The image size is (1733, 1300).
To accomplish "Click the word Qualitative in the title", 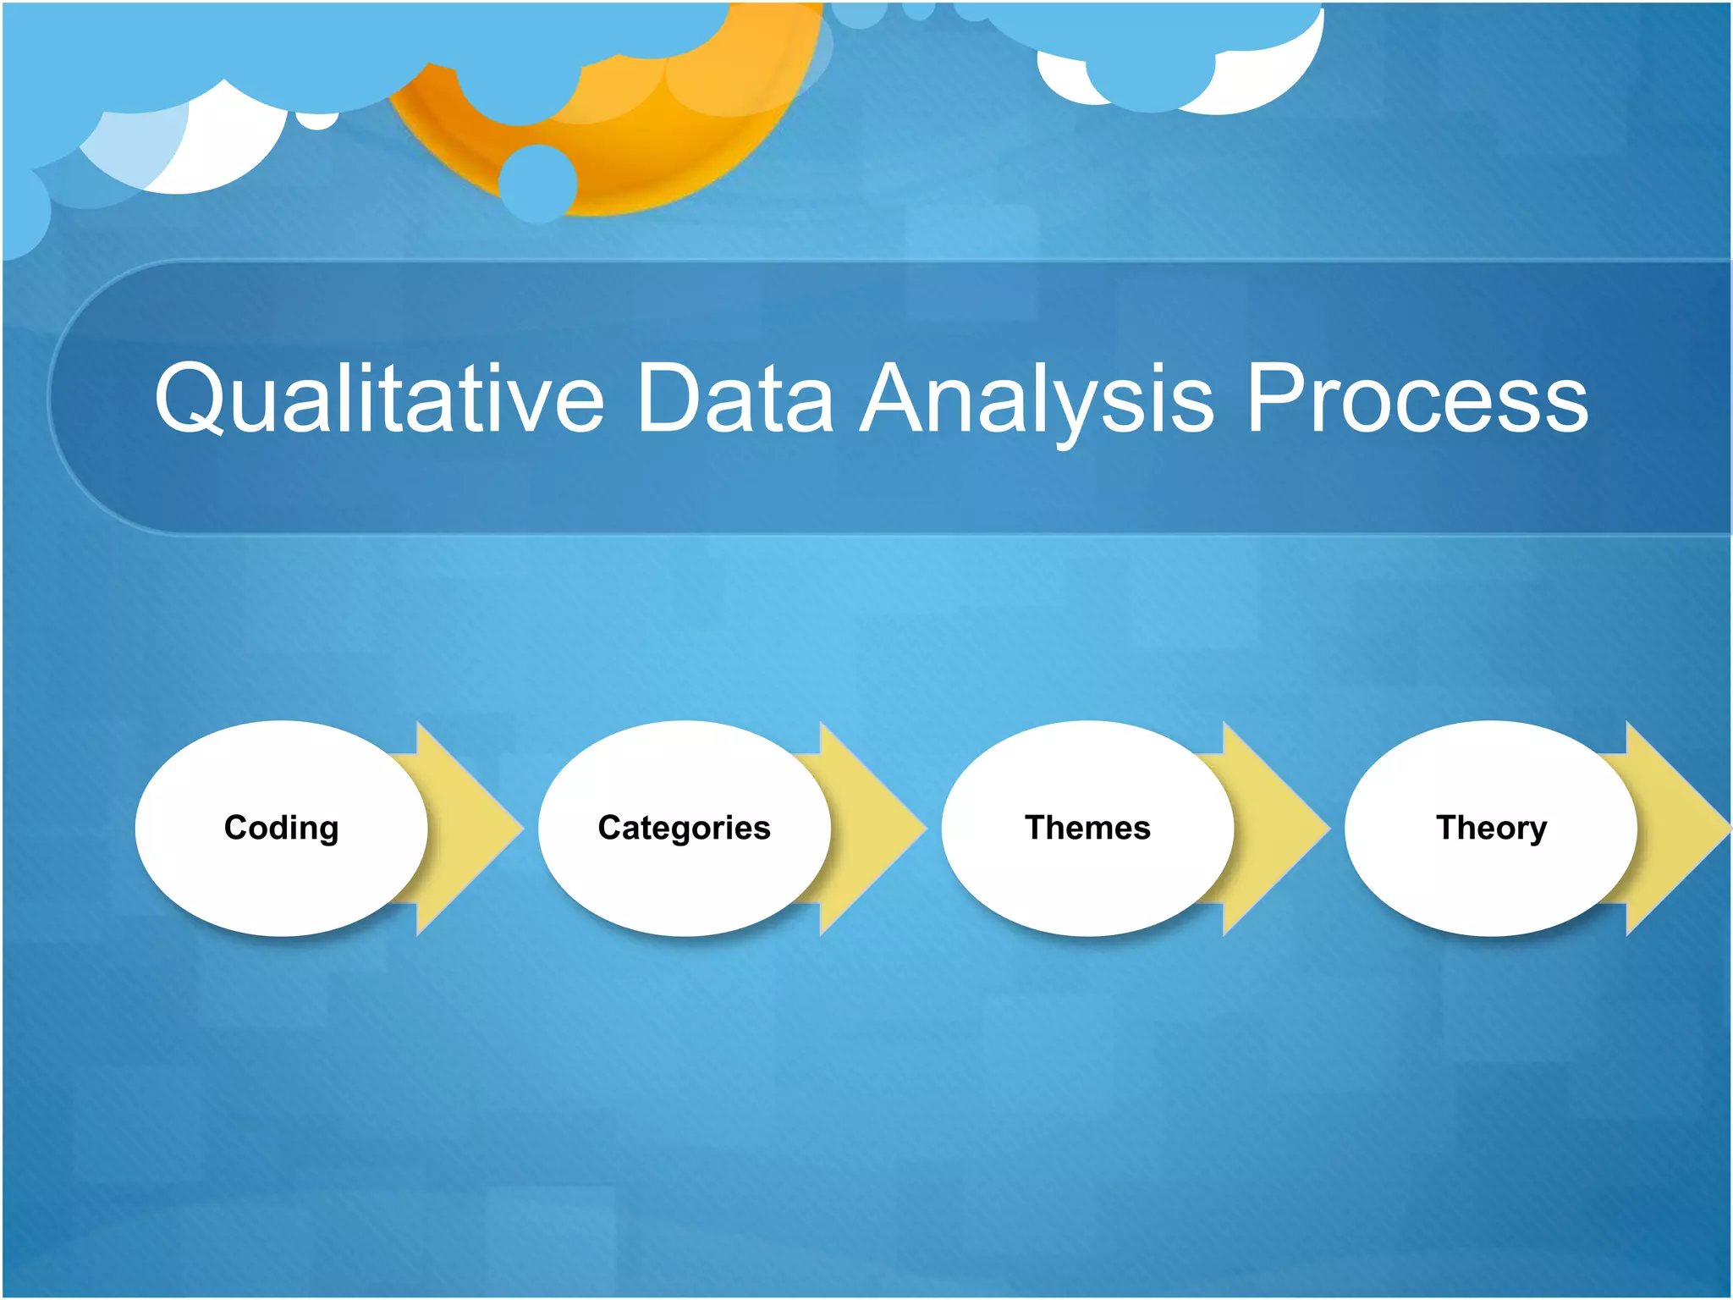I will coord(378,398).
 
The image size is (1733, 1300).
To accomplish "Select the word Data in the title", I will coord(734,398).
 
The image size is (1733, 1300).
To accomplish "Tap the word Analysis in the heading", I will coord(1037,398).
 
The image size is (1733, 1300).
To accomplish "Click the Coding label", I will coord(281,828).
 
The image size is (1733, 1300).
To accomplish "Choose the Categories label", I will coord(684,828).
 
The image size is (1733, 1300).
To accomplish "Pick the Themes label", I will coord(1087,828).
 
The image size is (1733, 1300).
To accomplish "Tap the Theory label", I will coord(1491,828).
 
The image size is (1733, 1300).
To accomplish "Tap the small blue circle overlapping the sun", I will coord(537,183).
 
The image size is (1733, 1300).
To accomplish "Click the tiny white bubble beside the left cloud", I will coord(317,120).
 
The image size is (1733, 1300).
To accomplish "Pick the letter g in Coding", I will coord(327,831).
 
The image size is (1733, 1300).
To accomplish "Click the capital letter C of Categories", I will coord(610,828).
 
